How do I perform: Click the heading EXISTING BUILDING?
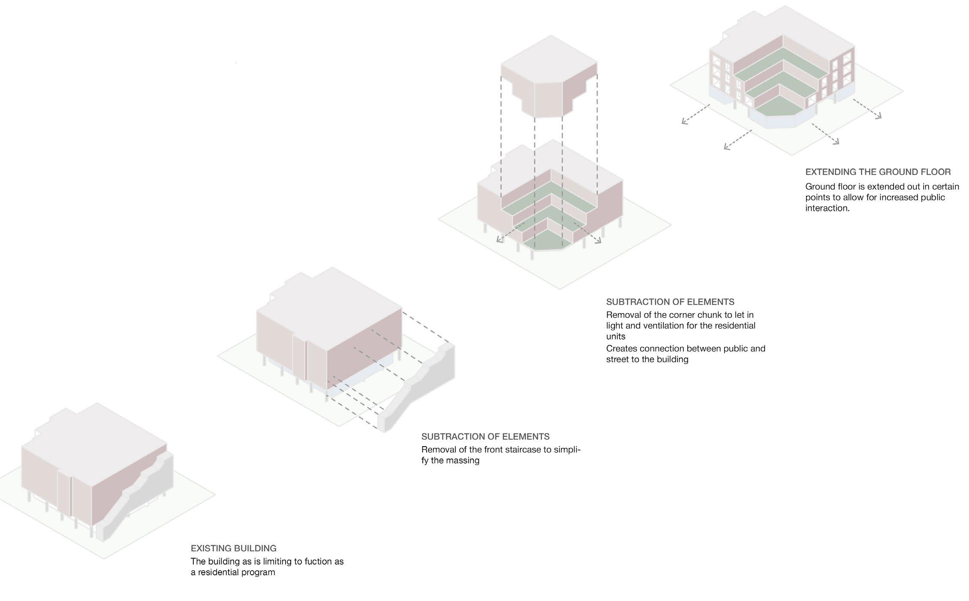click(x=233, y=548)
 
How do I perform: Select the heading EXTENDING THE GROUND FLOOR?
click(x=878, y=172)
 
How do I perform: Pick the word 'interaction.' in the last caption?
click(x=827, y=208)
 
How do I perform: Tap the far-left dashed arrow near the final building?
click(x=695, y=114)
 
